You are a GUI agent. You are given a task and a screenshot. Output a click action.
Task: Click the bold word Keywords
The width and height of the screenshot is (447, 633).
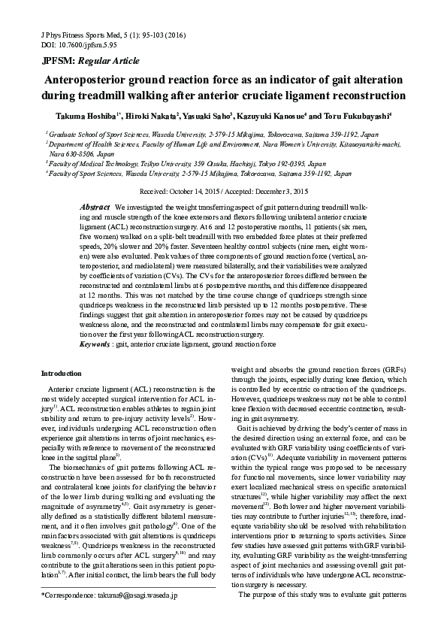[x=96, y=344]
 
